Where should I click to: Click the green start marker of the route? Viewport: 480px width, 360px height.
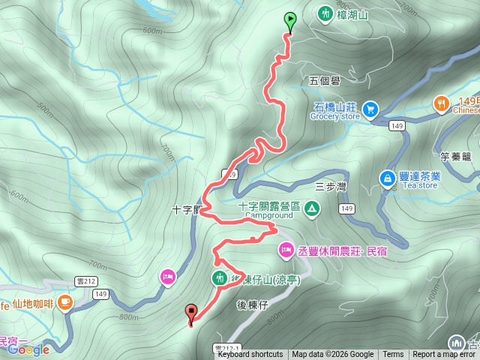289,20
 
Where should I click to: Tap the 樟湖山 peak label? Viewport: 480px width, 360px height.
352,13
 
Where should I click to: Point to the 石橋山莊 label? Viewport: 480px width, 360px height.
334,106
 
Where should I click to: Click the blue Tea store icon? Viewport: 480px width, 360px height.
387,178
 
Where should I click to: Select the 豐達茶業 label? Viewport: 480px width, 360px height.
420,178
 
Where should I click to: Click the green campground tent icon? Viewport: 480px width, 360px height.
313,208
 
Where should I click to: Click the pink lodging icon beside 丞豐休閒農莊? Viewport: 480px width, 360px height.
286,249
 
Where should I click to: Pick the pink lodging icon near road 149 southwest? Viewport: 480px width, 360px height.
167,277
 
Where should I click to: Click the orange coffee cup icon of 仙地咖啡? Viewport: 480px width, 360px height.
65,303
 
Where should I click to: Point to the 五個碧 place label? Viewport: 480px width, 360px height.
324,80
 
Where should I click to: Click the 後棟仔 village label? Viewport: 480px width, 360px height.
252,304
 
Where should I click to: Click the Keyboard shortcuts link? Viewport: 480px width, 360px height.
250,355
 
